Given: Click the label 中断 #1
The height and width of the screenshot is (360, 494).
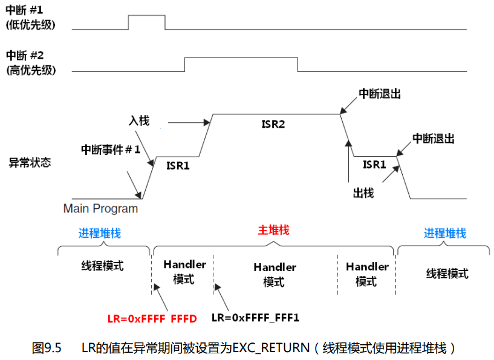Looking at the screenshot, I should pos(28,11).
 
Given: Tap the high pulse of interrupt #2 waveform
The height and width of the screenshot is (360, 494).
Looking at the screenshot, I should pos(241,58).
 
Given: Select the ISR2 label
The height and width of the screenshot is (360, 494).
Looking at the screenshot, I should pos(273,124).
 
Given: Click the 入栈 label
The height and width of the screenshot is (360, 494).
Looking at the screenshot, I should pos(138,120).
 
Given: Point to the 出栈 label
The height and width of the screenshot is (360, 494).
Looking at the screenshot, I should pos(363,193).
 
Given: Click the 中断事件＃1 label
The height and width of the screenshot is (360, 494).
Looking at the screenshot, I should pos(111,149).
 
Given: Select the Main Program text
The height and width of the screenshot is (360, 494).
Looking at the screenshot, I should pos(100,209).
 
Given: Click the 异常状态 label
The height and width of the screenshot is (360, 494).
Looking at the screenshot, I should pos(29,163).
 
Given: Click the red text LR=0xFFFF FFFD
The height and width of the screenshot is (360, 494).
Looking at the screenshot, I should pos(152,318).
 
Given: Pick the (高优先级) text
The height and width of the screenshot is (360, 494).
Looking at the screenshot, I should pos(31,70).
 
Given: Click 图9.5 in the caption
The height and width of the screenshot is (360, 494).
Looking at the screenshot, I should pos(47,348).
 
